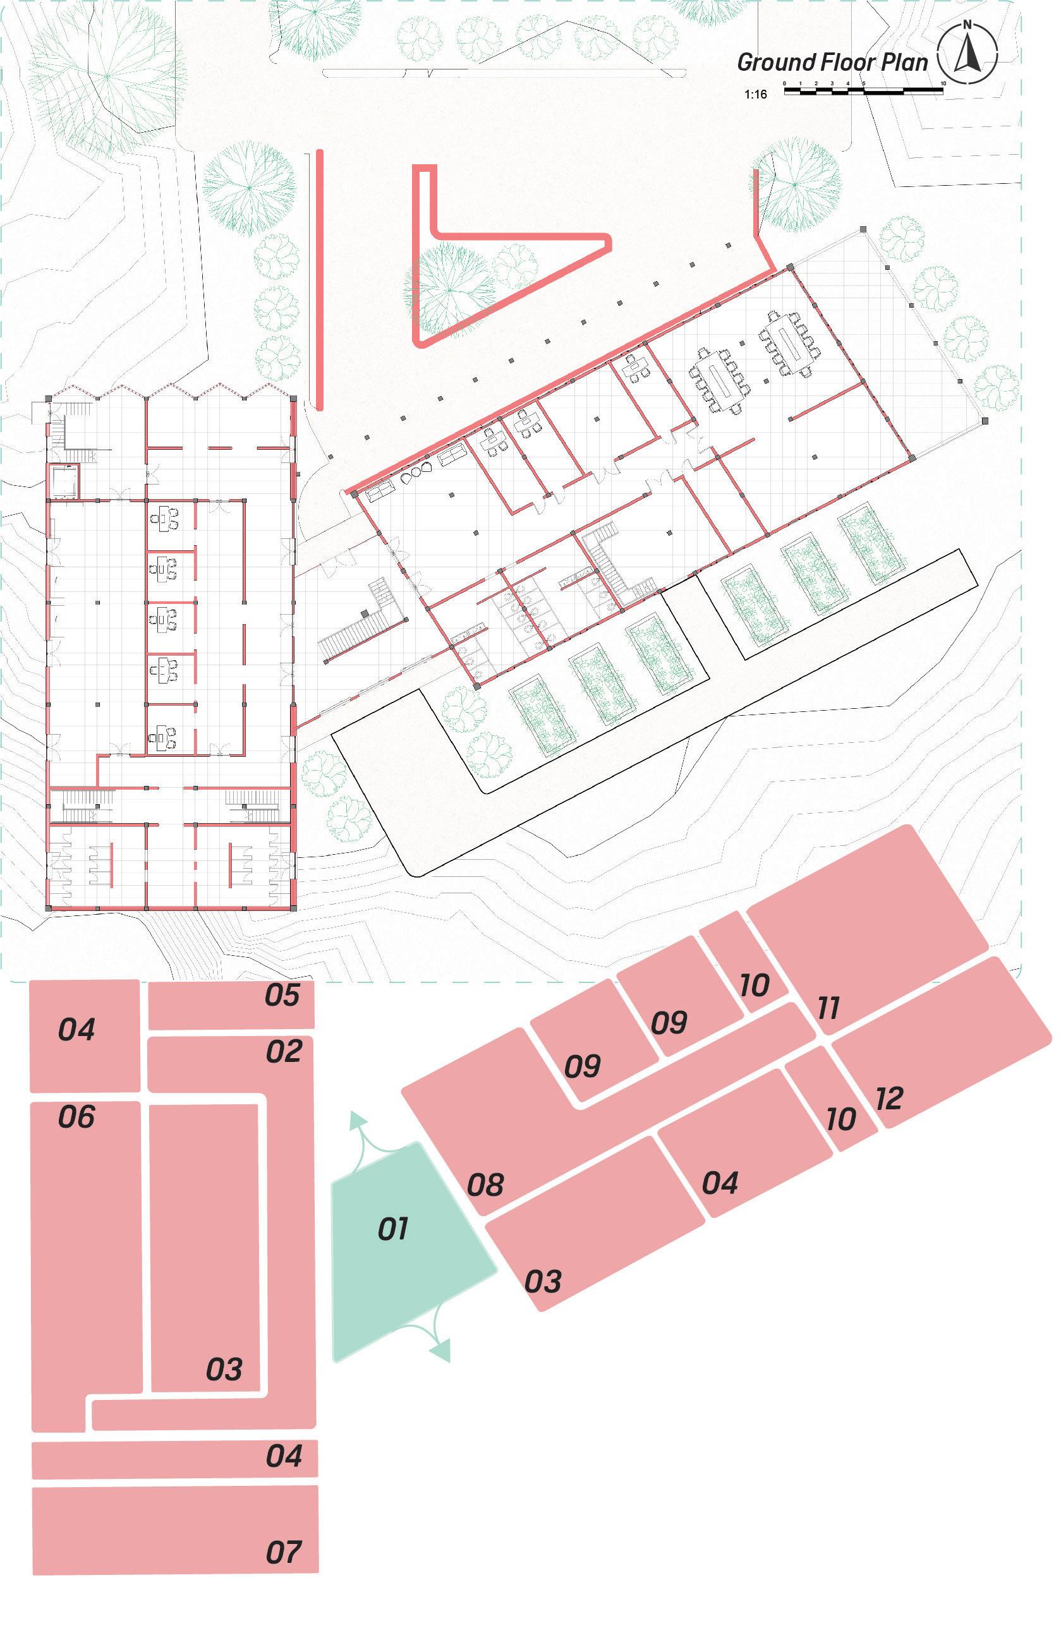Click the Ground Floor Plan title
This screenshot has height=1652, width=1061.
coord(832,62)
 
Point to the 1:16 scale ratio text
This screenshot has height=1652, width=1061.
coord(755,94)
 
